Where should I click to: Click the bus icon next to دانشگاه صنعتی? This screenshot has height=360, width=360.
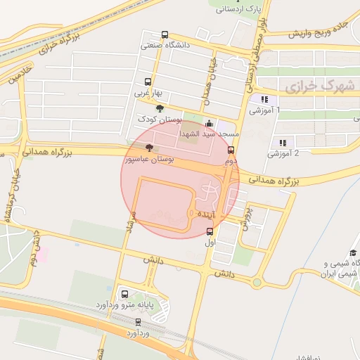(x=165, y=34)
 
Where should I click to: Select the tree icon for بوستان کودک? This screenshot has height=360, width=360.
(x=160, y=108)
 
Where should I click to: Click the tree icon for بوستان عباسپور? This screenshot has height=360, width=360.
(x=148, y=148)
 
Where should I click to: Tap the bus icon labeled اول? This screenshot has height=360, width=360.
(x=210, y=231)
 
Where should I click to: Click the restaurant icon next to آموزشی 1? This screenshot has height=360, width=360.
(x=264, y=100)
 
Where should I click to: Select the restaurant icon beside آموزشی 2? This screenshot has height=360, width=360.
(x=283, y=143)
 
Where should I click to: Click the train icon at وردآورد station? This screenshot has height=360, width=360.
(x=138, y=321)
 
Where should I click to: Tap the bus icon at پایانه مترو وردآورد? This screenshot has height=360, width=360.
(x=124, y=295)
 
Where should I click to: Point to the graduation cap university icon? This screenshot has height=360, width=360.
(x=353, y=254)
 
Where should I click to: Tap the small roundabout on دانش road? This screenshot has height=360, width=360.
(x=257, y=283)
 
